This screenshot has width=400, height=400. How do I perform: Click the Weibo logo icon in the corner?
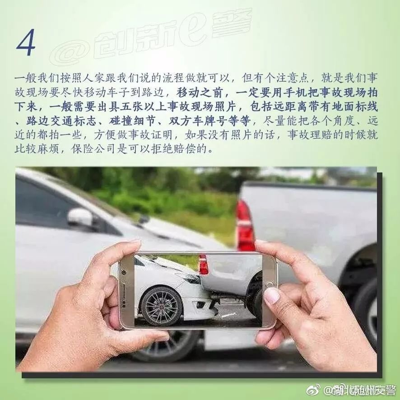[x=313, y=390]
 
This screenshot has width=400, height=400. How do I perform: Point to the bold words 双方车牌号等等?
[x=209, y=121]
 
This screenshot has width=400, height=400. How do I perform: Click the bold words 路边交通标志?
[x=61, y=121]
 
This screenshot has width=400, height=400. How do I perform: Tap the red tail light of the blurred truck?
[x=245, y=226]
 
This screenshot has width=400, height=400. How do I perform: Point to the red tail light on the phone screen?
[x=203, y=264]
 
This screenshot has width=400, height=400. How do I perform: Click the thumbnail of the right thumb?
[x=272, y=295]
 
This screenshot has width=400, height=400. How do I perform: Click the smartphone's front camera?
[x=125, y=272]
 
